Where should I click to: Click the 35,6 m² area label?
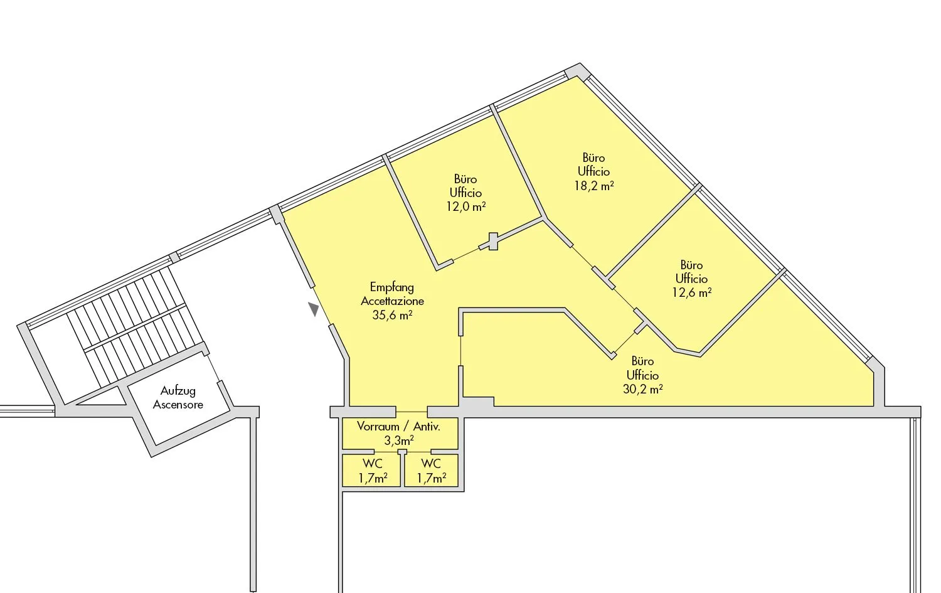pyautogui.click(x=392, y=315)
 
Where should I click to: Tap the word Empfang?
pyautogui.click(x=392, y=287)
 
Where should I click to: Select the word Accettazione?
pyautogui.click(x=392, y=301)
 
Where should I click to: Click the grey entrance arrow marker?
pyautogui.click(x=314, y=309)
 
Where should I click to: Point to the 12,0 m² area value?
pyautogui.click(x=466, y=207)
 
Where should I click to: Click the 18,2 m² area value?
pyautogui.click(x=594, y=185)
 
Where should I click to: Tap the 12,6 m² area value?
pyautogui.click(x=691, y=292)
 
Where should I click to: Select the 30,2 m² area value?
pyautogui.click(x=643, y=389)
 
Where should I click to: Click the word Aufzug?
pyautogui.click(x=178, y=392)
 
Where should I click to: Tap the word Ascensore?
pyautogui.click(x=178, y=405)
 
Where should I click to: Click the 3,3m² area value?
pyautogui.click(x=398, y=441)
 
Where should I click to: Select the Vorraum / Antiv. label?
pyautogui.click(x=398, y=427)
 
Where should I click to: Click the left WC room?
pyautogui.click(x=371, y=471)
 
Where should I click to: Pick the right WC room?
pyautogui.click(x=432, y=471)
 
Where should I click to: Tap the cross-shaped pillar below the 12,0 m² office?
pyautogui.click(x=492, y=242)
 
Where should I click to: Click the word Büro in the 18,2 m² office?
pyautogui.click(x=594, y=158)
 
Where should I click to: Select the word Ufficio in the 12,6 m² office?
pyautogui.click(x=691, y=279)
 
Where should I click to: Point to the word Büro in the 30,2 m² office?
pyautogui.click(x=643, y=361)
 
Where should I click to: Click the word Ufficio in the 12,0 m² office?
pyautogui.click(x=466, y=193)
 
